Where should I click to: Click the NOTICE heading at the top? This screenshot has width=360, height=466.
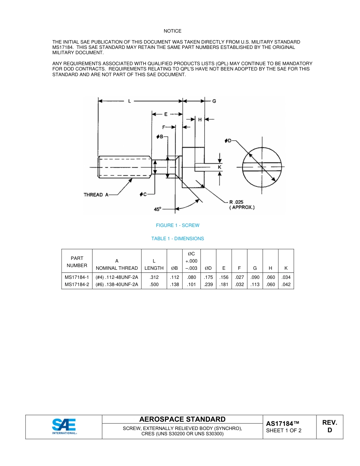[172, 31]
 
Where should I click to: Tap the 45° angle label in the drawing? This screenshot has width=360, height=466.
[158, 209]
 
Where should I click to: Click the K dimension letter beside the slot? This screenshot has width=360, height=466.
[219, 167]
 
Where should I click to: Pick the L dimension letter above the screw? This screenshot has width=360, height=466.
[130, 101]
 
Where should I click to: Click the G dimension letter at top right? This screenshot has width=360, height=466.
[214, 101]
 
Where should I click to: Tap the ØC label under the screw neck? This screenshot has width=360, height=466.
[143, 194]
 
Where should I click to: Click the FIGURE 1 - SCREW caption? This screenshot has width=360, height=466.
[177, 225]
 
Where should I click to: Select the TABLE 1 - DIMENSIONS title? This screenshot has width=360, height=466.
[177, 239]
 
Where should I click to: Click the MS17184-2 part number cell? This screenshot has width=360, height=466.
[77, 285]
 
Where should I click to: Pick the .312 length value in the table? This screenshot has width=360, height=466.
[154, 277]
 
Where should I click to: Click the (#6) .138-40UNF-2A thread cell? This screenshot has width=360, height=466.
[117, 285]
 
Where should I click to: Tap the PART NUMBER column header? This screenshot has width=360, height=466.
[77, 262]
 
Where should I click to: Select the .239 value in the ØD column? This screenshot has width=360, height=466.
[208, 285]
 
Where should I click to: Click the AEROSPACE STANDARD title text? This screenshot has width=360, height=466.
[182, 419]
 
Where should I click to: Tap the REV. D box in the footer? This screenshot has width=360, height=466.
[329, 426]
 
